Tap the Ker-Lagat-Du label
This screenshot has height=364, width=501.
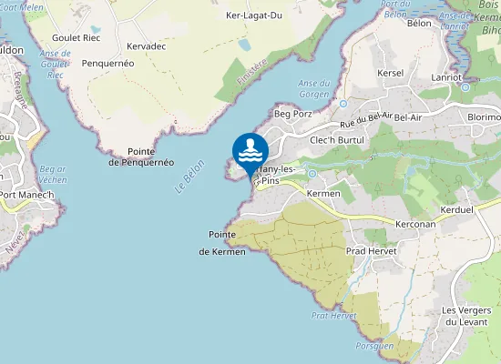pyautogui.click(x=254, y=15)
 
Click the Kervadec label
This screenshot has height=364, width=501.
pyautogui.click(x=148, y=45)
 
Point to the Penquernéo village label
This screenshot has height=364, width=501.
pyautogui.click(x=107, y=64)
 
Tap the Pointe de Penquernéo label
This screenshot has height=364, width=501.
pyautogui.click(x=140, y=157)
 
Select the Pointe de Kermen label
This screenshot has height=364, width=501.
pyautogui.click(x=222, y=242)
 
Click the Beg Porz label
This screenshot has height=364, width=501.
pyautogui.click(x=292, y=115)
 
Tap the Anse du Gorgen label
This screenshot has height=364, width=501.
pyautogui.click(x=313, y=89)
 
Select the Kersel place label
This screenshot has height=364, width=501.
pyautogui.click(x=390, y=72)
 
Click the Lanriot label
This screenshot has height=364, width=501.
pyautogui.click(x=446, y=77)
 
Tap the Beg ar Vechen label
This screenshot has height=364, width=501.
pyautogui.click(x=54, y=174)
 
